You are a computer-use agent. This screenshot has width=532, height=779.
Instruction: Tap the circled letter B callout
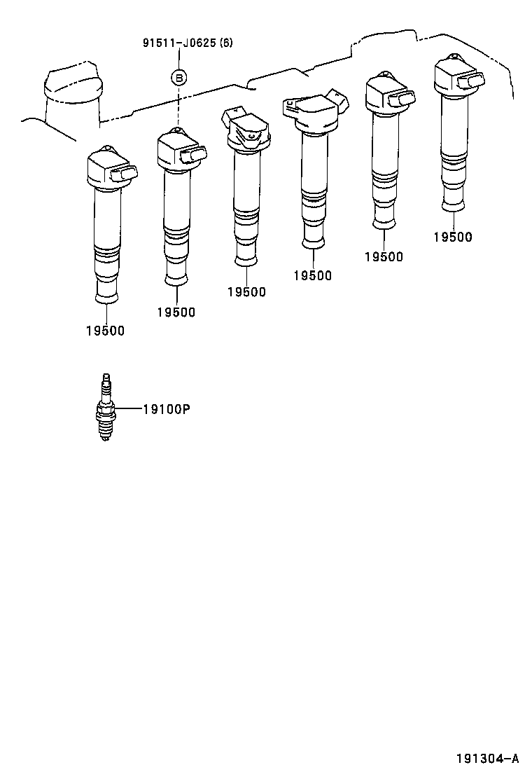pyautogui.click(x=179, y=77)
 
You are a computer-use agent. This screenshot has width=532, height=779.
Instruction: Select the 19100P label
pyautogui.click(x=166, y=409)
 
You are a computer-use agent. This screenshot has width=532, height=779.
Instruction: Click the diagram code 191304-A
pyautogui.click(x=488, y=758)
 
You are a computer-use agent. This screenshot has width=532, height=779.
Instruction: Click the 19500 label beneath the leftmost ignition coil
pyautogui.click(x=105, y=331)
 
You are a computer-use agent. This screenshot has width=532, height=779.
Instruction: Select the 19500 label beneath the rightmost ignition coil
pyautogui.click(x=452, y=237)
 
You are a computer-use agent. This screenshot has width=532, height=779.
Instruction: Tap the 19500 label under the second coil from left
pyautogui.click(x=176, y=312)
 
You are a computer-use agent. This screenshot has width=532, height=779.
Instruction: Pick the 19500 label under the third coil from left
pyautogui.click(x=246, y=292)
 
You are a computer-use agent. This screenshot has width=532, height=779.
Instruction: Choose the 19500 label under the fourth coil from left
pyautogui.click(x=312, y=275)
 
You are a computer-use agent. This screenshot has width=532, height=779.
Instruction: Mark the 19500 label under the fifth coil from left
pyautogui.click(x=384, y=256)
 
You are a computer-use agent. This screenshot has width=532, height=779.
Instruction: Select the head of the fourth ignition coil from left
pyautogui.click(x=316, y=112)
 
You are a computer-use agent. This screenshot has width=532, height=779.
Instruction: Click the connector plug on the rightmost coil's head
pyautogui.click(x=473, y=83)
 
